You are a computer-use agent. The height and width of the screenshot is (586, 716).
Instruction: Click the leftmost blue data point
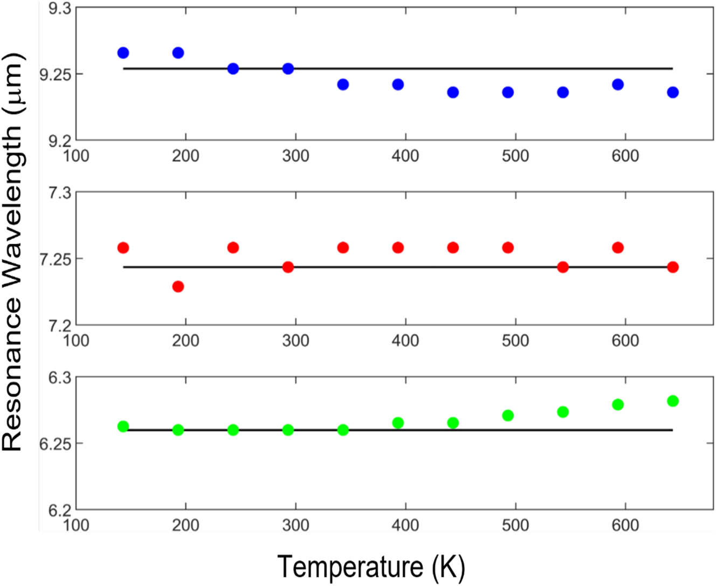click(123, 53)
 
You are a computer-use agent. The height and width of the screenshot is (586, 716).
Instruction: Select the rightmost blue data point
click(672, 92)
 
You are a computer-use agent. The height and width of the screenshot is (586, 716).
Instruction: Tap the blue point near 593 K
click(618, 85)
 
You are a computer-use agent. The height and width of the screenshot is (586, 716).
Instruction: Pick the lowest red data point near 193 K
click(178, 286)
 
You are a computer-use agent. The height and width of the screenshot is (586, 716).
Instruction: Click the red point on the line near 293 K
click(288, 267)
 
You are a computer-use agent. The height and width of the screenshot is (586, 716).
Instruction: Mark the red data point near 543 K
click(563, 267)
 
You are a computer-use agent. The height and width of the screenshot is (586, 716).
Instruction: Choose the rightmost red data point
click(672, 267)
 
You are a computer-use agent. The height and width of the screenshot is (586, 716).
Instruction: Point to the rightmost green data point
click(672, 401)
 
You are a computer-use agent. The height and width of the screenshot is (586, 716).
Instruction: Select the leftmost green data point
click(123, 426)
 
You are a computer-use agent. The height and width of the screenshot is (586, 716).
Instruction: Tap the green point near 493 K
click(508, 416)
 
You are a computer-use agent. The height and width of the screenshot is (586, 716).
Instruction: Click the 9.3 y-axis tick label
click(59, 9)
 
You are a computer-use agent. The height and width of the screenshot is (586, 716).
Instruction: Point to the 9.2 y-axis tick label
click(59, 141)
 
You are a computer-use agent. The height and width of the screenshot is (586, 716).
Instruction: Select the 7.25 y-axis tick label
click(55, 259)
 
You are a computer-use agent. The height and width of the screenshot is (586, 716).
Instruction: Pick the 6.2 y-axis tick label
click(59, 511)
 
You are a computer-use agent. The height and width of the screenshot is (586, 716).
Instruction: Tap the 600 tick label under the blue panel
click(625, 156)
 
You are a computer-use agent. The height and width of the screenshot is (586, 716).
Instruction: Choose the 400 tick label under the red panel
click(405, 341)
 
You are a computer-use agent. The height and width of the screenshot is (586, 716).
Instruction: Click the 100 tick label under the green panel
click(76, 525)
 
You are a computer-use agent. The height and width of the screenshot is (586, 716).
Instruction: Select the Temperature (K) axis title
click(371, 567)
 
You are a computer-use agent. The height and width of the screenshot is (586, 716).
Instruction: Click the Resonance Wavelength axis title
click(13, 252)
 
